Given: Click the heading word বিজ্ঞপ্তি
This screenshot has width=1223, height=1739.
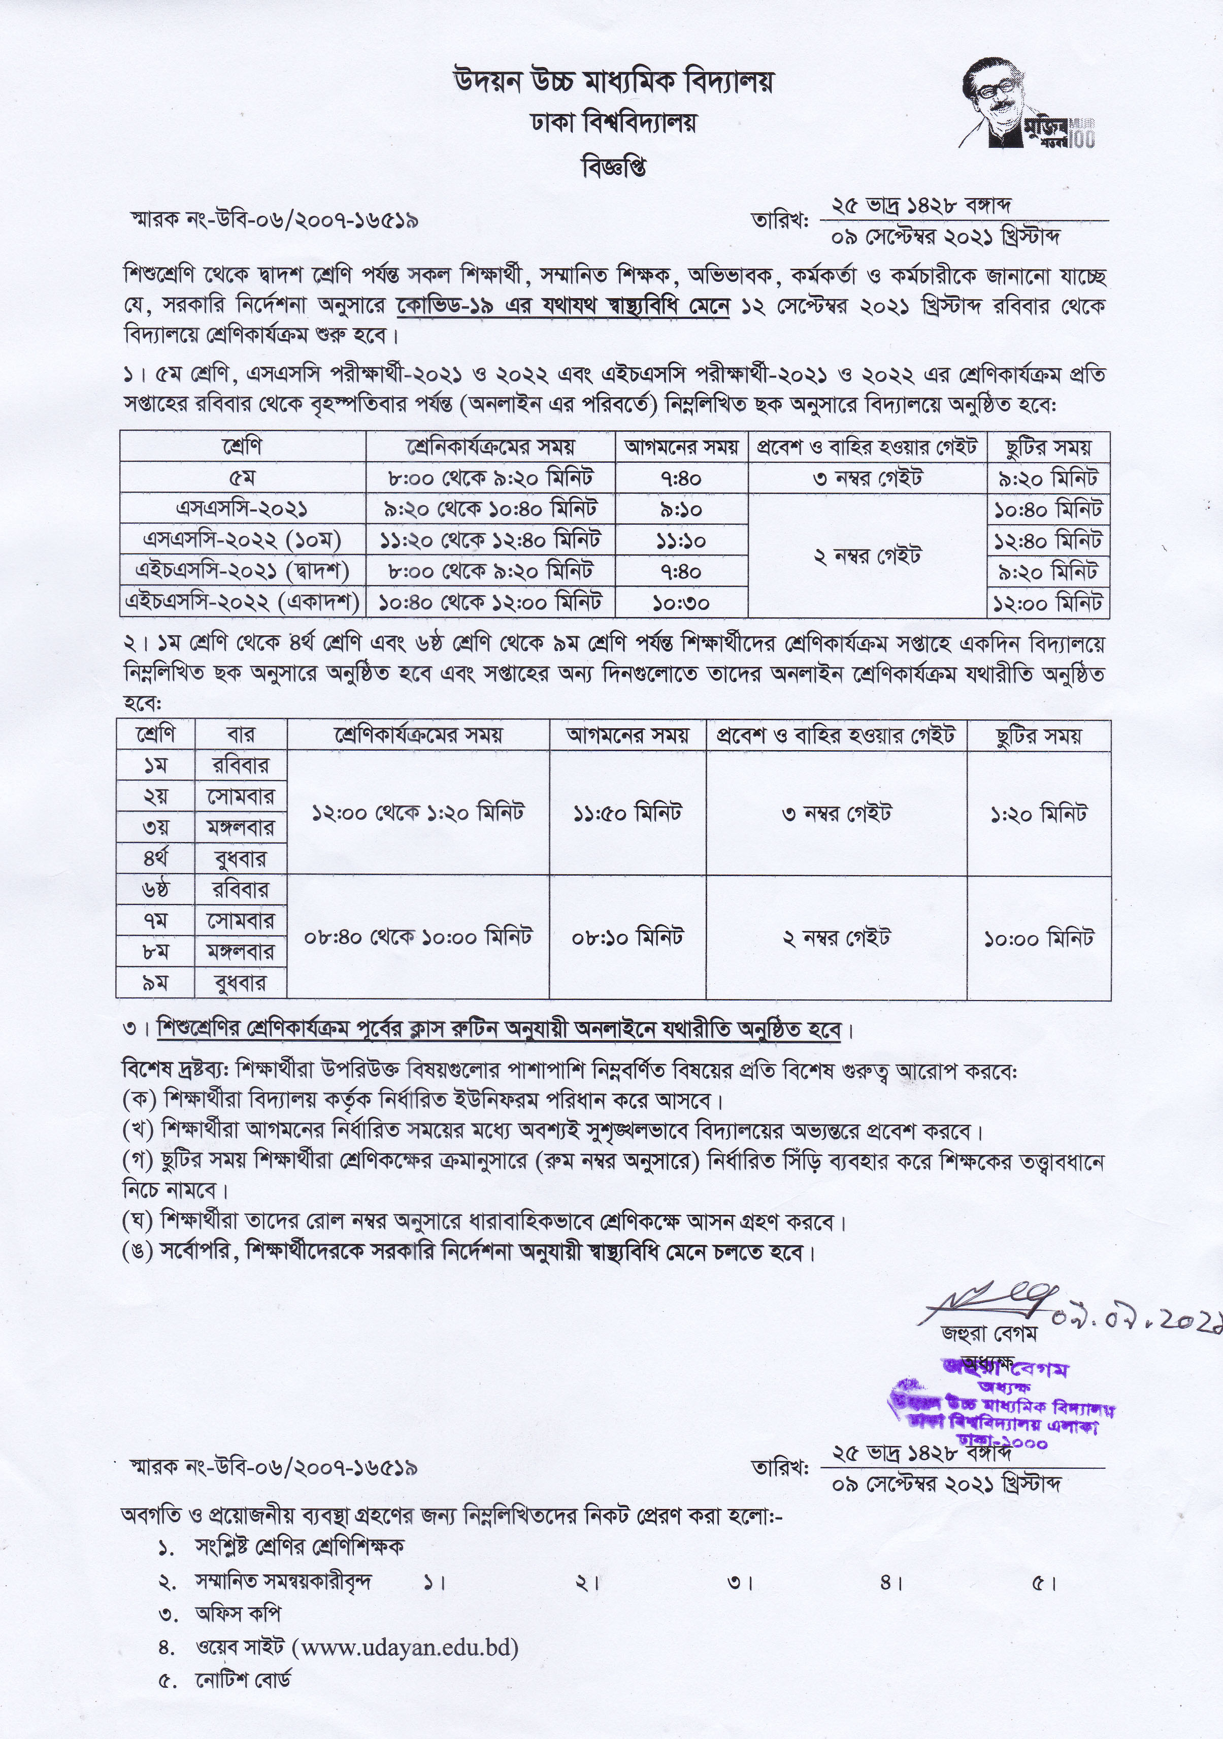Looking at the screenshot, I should point(613,168).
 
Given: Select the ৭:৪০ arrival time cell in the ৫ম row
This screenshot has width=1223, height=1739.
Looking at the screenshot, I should point(681,478).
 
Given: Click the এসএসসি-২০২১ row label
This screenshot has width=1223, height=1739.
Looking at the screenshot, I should point(242,509).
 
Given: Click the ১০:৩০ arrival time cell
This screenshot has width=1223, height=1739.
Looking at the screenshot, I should point(681,603).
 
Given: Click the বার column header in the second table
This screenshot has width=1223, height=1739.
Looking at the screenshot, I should point(241,735).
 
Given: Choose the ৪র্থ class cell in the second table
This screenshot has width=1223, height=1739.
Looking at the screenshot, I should point(155,859).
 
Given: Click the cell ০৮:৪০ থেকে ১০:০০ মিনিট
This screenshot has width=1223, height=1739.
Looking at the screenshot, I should point(418,938).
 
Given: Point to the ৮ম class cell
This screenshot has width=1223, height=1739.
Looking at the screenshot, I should point(155,952).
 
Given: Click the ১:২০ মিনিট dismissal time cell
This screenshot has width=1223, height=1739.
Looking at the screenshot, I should point(1038,814).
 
